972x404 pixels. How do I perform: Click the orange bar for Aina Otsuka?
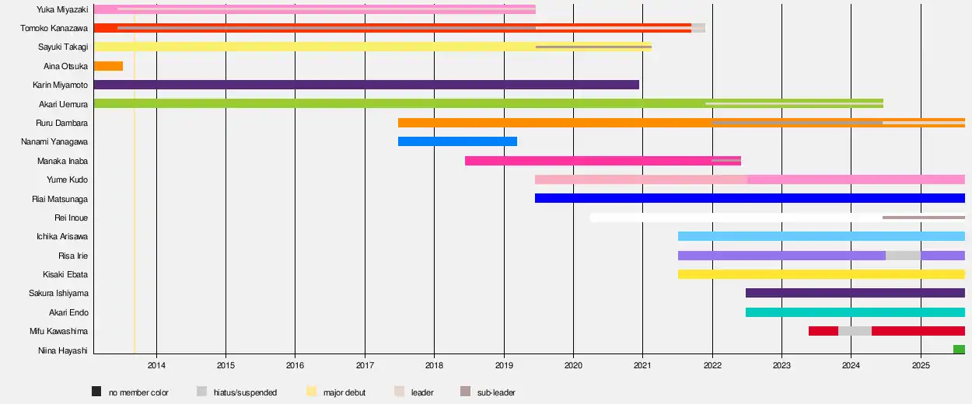[108, 66]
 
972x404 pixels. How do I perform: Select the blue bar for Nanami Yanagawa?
[457, 141]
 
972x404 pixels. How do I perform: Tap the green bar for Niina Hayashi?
[959, 350]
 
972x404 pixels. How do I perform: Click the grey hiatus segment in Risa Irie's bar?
[903, 256]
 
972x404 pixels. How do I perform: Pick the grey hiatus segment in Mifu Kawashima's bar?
[855, 331]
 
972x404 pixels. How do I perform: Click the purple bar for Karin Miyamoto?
[365, 85]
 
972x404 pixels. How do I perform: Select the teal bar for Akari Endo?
[855, 312]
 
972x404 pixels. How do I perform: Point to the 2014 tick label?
[156, 364]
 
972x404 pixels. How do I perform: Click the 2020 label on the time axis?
[573, 364]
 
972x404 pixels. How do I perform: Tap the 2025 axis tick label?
[921, 364]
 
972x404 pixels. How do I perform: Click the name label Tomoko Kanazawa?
[54, 28]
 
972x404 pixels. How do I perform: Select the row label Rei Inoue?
[71, 218]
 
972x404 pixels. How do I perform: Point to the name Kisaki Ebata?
[65, 274]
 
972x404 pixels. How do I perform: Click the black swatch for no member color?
[96, 392]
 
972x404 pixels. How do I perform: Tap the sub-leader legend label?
[496, 392]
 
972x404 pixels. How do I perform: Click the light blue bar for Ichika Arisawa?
[820, 236]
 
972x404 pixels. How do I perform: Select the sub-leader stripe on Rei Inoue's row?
[923, 218]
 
